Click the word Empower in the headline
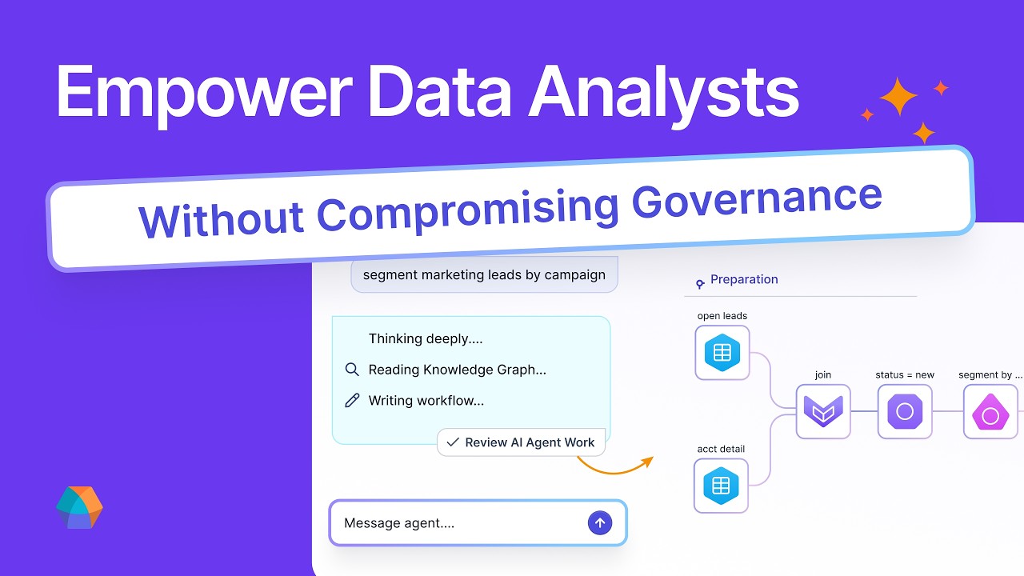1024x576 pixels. coord(204,94)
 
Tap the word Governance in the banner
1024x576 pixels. coord(757,202)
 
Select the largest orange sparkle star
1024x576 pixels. coord(898,97)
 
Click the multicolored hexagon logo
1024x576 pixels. coord(79,507)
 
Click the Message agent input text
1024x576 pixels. coord(399,523)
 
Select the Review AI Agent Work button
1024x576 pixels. coord(521,442)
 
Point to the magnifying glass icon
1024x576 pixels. coord(352,370)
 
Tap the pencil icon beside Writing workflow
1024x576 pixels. coord(352,401)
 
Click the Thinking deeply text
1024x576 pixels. coord(425,338)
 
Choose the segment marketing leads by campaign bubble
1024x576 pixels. coord(484,274)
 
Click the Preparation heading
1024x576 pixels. coord(744,279)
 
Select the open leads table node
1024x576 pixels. coord(722,353)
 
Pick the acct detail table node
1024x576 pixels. coord(721,486)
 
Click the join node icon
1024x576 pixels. coord(823,411)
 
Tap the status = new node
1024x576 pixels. coord(905,411)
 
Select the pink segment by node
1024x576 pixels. coord(990,411)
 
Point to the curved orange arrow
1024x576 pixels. coord(615,471)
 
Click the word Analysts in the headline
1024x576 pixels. coord(664,94)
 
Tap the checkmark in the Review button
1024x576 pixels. coord(453,442)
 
